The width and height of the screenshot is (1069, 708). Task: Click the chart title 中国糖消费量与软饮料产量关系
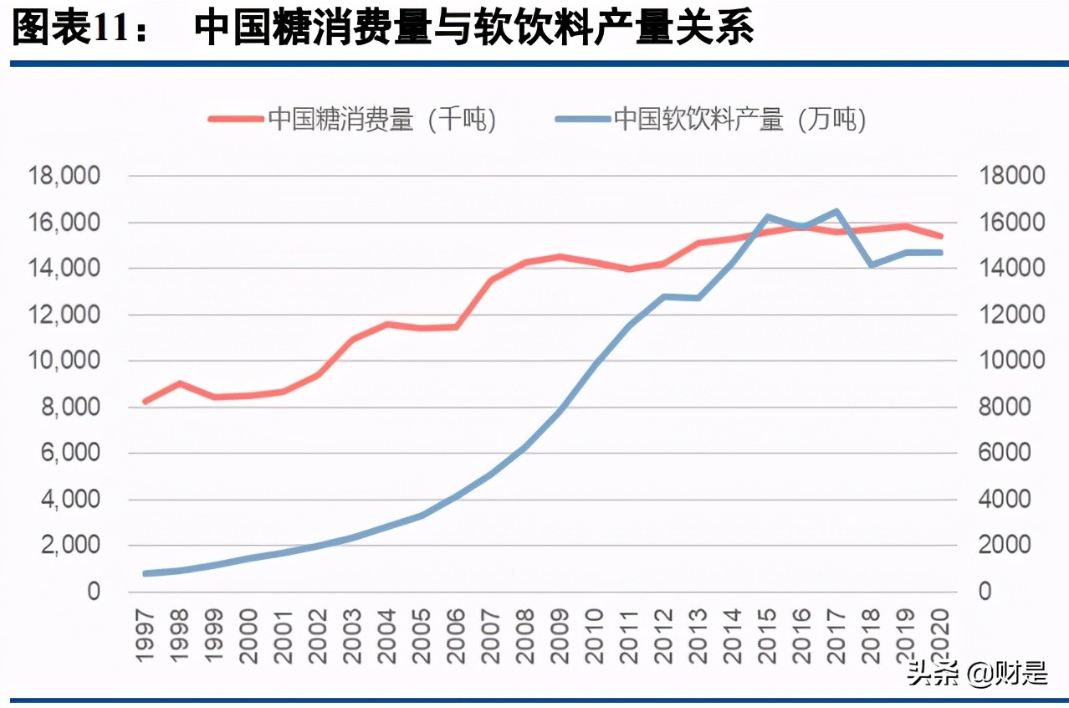(x=474, y=28)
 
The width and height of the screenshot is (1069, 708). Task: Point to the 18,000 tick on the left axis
(x=64, y=176)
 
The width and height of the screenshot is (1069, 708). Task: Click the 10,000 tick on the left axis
(x=64, y=361)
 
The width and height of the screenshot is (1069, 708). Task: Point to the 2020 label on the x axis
(x=941, y=635)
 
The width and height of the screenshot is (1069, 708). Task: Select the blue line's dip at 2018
(x=872, y=264)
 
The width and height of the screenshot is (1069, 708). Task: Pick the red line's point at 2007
(x=492, y=280)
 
